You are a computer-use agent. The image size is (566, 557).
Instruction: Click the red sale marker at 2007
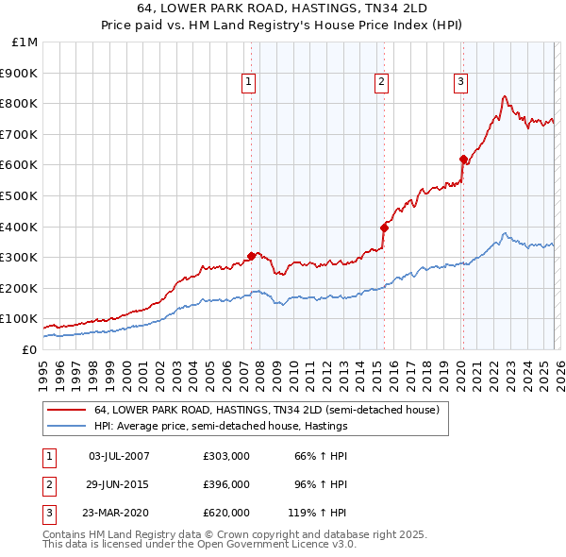251,256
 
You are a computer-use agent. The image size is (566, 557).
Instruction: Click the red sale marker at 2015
384,227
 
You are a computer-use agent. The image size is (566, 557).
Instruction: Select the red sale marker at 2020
463,159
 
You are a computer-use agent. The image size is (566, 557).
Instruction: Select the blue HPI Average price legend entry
221,427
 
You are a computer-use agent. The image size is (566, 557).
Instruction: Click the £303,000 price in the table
225,456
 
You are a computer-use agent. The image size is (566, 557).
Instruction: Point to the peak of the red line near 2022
505,95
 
